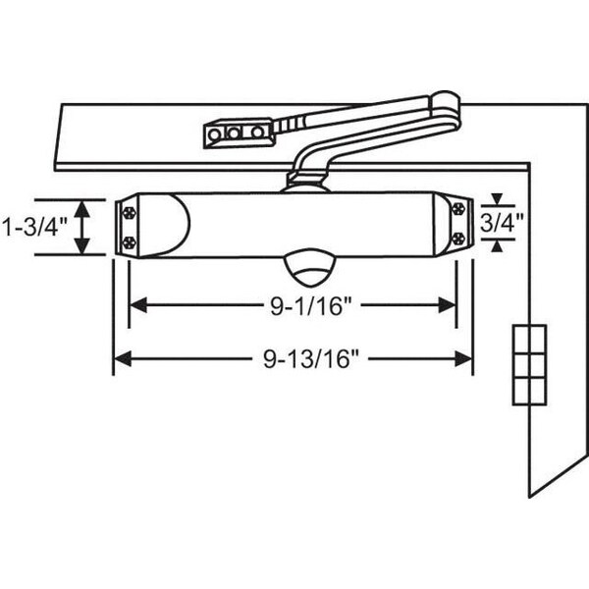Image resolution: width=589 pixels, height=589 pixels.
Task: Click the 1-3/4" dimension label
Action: click(x=34, y=227)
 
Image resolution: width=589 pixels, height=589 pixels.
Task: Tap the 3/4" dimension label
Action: click(x=502, y=223)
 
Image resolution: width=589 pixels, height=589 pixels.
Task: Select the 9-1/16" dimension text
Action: click(x=310, y=305)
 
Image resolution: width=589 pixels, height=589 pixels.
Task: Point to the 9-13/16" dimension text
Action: click(x=311, y=359)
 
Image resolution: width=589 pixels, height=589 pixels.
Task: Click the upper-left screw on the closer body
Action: click(x=130, y=213)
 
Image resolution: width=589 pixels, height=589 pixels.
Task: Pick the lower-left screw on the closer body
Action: click(x=130, y=242)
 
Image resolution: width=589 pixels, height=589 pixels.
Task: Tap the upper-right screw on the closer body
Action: click(x=458, y=208)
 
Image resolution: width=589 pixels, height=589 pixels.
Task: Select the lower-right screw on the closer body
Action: click(x=458, y=239)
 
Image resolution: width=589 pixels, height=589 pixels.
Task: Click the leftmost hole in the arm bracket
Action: click(x=214, y=134)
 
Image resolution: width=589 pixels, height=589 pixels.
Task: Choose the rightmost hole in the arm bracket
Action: click(x=257, y=133)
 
